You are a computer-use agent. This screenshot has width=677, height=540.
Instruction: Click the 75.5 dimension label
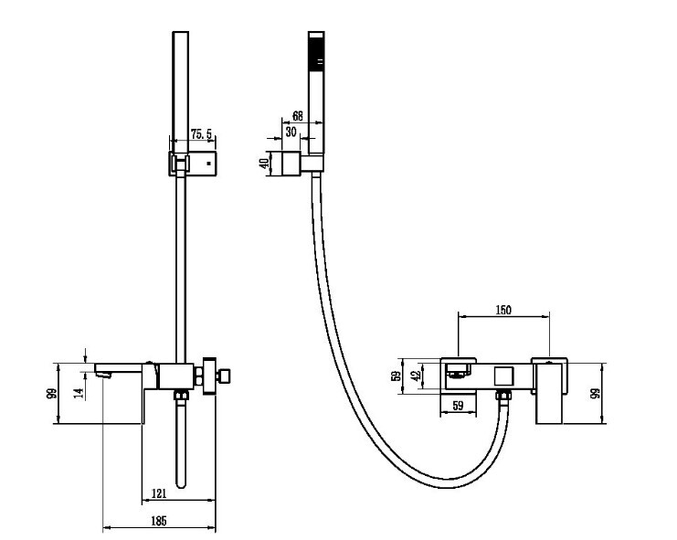(x=201, y=133)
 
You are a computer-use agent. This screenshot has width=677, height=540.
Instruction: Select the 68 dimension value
(x=298, y=116)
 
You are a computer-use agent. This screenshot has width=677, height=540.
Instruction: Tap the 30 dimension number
(x=291, y=132)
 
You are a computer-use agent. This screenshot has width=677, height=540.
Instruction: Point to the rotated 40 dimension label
(x=264, y=164)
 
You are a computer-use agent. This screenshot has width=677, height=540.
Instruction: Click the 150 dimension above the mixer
(x=503, y=310)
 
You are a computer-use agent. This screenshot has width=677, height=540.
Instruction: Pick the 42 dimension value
(x=418, y=376)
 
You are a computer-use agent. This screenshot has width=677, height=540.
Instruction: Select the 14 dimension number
(x=79, y=392)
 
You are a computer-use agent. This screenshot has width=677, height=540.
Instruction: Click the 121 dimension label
(x=159, y=493)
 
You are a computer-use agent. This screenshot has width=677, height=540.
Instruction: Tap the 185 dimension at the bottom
(x=159, y=521)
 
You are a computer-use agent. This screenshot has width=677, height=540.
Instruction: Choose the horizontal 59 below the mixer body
(x=458, y=406)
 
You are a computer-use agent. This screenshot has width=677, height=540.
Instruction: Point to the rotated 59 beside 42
(x=396, y=376)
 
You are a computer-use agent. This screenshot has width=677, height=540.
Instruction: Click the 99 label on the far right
(x=596, y=394)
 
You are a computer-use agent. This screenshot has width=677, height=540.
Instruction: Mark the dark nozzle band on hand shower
(x=316, y=52)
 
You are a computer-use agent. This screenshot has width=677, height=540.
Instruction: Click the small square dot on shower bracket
(x=208, y=164)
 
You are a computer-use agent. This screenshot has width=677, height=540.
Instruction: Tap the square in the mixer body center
(x=503, y=376)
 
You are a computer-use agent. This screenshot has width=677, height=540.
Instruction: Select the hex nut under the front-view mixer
(x=503, y=395)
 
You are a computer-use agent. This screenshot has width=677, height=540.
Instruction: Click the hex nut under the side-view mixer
(x=181, y=395)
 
